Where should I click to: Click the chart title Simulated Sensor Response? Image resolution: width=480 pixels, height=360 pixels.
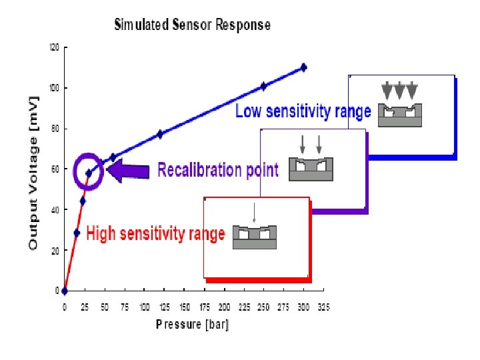pos(193,25)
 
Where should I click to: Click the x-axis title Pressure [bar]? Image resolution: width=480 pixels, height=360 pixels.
pos(192,325)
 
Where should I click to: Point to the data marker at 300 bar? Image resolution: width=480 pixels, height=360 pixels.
pos(303,67)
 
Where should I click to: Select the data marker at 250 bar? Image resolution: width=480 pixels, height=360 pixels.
pos(263,86)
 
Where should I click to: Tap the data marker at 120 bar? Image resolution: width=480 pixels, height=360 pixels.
pos(160,134)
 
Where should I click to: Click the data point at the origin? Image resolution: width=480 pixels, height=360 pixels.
pos(64,291)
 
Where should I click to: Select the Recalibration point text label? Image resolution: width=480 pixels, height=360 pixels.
pos(217,170)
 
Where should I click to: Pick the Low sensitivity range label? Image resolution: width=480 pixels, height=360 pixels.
pos(303,112)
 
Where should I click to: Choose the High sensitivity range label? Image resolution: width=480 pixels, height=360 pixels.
pos(155,234)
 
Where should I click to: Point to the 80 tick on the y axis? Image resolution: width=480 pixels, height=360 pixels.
pos(55,129)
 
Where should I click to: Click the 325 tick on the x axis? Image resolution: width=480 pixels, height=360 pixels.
pos(323,307)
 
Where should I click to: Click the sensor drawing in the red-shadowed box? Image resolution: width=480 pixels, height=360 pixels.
pos(254,237)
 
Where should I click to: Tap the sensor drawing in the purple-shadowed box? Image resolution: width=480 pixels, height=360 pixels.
pos(311,169)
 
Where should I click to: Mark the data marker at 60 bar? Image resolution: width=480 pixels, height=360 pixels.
pos(113,157)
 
